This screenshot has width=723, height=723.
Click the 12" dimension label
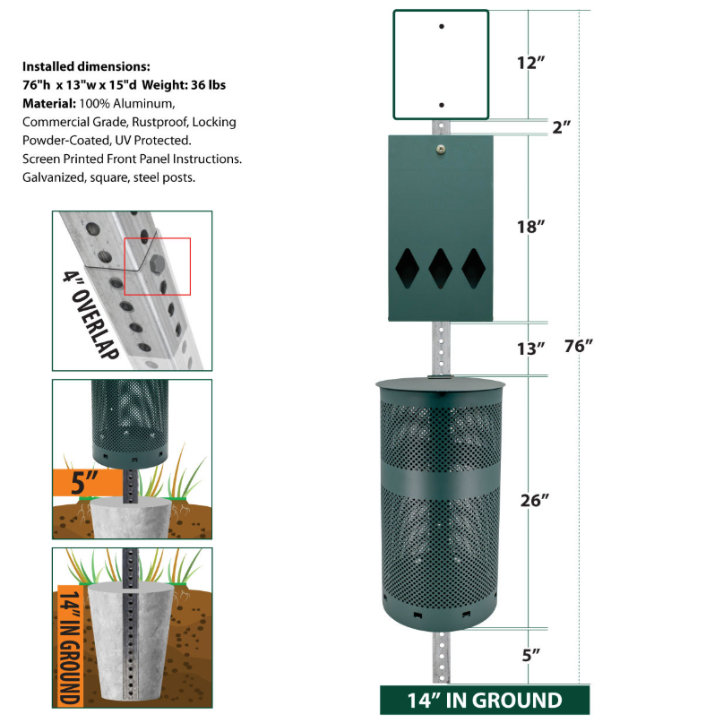click(530, 63)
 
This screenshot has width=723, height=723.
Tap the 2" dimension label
click(562, 127)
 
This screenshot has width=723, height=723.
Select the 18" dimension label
click(530, 228)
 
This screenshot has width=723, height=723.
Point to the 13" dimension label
click(530, 348)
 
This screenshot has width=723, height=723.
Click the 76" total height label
click(579, 346)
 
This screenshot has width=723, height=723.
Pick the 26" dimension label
click(530, 501)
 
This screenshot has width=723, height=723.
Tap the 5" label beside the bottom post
click(530, 655)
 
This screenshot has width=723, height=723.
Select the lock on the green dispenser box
click(440, 150)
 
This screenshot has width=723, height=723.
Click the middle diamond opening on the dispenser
click(440, 266)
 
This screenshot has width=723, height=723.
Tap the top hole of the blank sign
click(441, 27)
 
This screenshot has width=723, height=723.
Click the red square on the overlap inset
click(158, 266)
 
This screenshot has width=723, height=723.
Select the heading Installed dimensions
click(86, 66)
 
